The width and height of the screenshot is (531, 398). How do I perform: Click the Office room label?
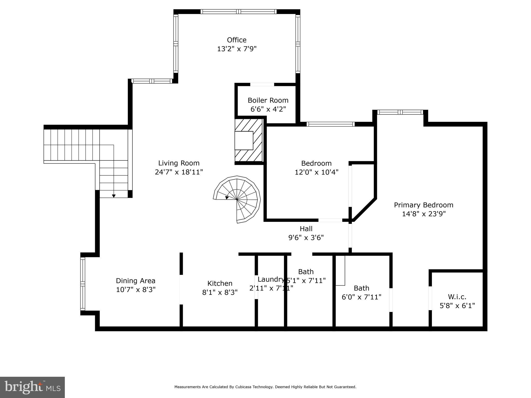236,40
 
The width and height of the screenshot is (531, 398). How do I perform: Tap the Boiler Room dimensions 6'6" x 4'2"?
268,109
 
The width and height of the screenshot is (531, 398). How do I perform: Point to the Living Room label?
179,163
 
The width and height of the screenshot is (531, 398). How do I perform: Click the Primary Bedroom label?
423,205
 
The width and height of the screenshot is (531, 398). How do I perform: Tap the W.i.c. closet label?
457,297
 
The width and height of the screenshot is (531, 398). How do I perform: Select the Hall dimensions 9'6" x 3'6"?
306,238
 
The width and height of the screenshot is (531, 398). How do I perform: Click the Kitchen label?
220,283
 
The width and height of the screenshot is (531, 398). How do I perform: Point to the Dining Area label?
135,281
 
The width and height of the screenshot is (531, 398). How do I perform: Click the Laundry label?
270,279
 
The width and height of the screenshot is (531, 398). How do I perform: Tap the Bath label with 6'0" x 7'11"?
361,288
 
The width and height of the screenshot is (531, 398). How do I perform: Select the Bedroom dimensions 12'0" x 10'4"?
316,172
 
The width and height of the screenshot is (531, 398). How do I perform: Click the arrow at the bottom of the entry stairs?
114,196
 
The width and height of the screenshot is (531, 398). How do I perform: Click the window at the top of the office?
238,12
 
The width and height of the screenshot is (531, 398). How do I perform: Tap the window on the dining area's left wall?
83,284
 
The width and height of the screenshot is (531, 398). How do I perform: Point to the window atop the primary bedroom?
400,112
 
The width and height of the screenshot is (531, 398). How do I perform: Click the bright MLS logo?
32,387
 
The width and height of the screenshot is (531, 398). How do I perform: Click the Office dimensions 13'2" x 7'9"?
236,49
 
